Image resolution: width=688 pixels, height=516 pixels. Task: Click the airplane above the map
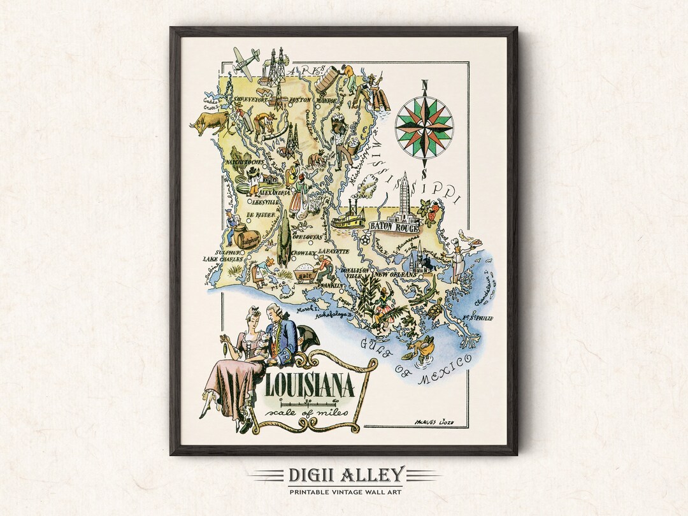tap(245, 61)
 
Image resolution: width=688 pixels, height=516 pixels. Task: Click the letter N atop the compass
tap(424, 85)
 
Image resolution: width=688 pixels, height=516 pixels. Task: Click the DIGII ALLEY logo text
tap(344, 475)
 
